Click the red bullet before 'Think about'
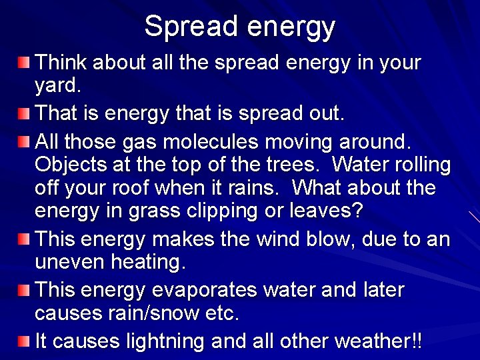[x=24, y=63]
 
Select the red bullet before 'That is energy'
[x=24, y=113]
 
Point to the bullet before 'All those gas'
[x=24, y=141]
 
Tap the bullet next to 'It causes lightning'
[x=24, y=341]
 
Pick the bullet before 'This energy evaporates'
[x=24, y=290]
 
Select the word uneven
[x=71, y=262]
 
